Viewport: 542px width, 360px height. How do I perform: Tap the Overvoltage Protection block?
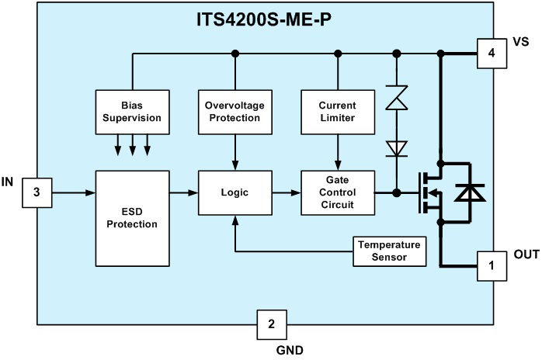pyautogui.click(x=234, y=112)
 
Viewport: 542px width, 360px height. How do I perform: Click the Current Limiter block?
pyautogui.click(x=336, y=112)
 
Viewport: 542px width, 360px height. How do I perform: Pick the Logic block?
pyautogui.click(x=234, y=191)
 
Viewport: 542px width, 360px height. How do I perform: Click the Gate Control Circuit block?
pyautogui.click(x=336, y=191)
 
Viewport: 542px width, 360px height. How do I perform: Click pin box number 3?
pyautogui.click(x=36, y=191)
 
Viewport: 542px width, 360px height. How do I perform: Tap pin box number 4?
pyautogui.click(x=492, y=54)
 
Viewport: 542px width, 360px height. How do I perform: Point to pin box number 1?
pyautogui.click(x=492, y=265)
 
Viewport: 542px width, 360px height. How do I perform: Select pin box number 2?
pyautogui.click(x=271, y=324)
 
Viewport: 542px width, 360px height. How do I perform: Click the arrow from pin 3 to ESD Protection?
pyautogui.click(x=73, y=191)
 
